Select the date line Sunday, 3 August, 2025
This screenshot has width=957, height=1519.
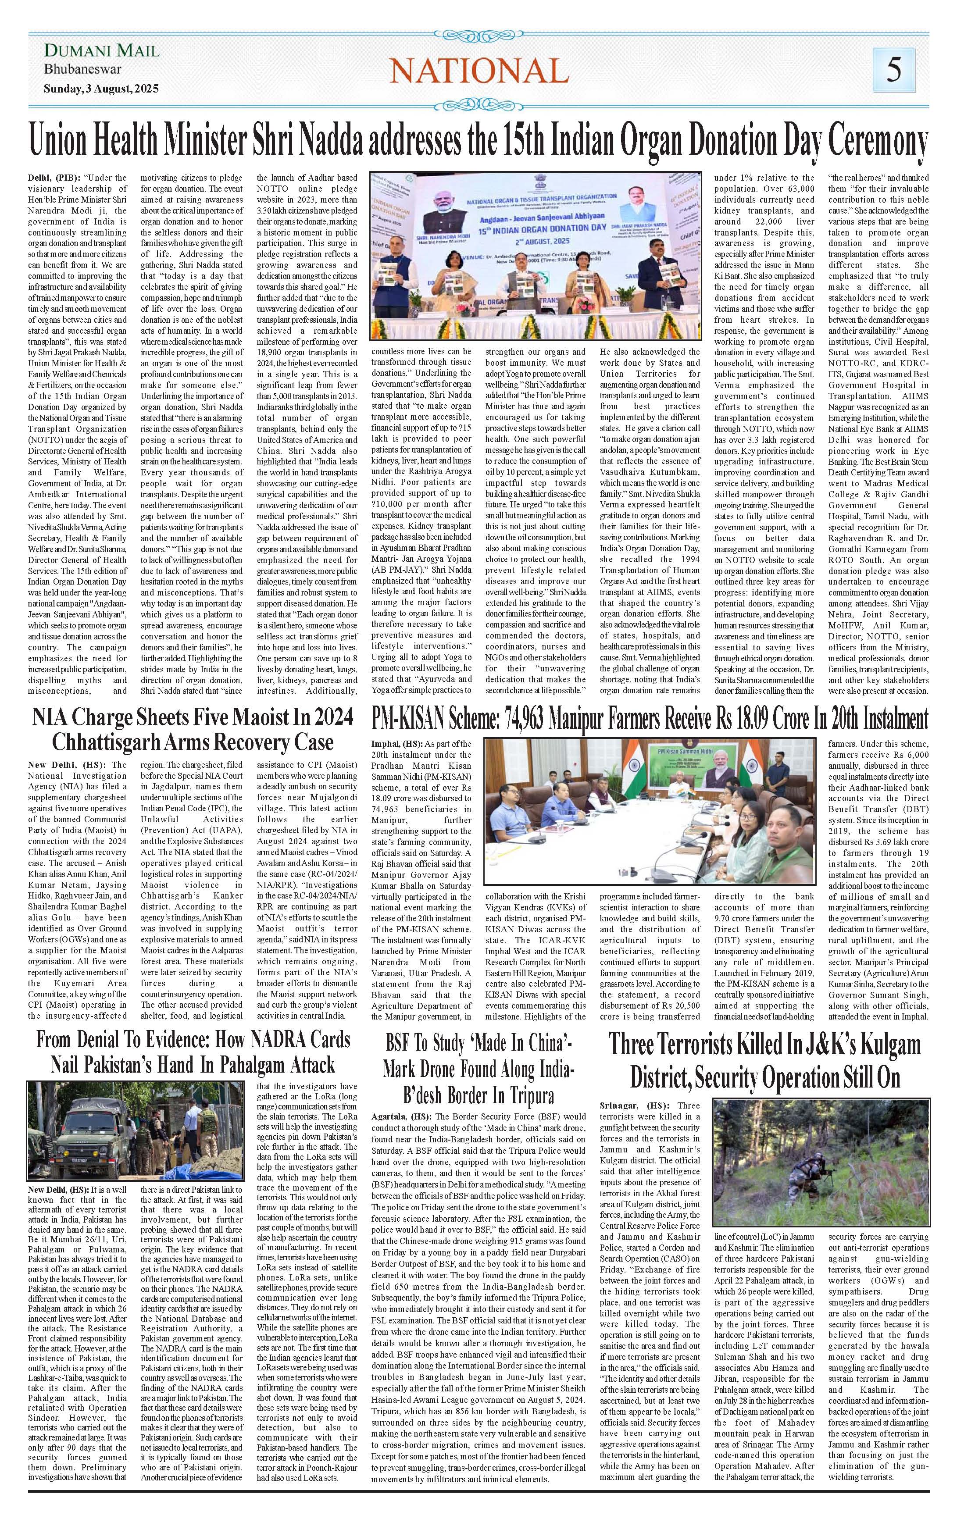(101, 88)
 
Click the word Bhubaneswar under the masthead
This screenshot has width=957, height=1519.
(82, 69)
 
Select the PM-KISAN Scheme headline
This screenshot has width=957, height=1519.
(650, 720)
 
